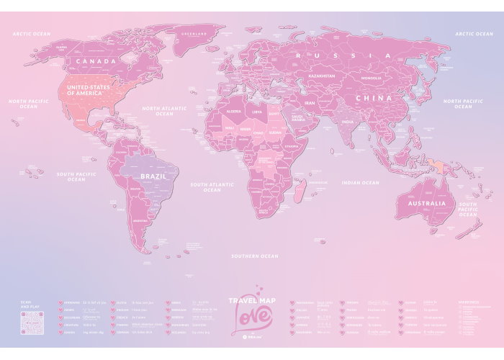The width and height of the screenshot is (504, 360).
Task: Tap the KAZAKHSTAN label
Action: (323, 76)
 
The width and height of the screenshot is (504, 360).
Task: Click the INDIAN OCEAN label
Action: (360, 183)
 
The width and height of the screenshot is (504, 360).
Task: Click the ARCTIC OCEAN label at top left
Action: (31, 33)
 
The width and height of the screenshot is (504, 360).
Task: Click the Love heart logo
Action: (251, 318)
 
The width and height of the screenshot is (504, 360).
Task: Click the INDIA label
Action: (347, 122)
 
